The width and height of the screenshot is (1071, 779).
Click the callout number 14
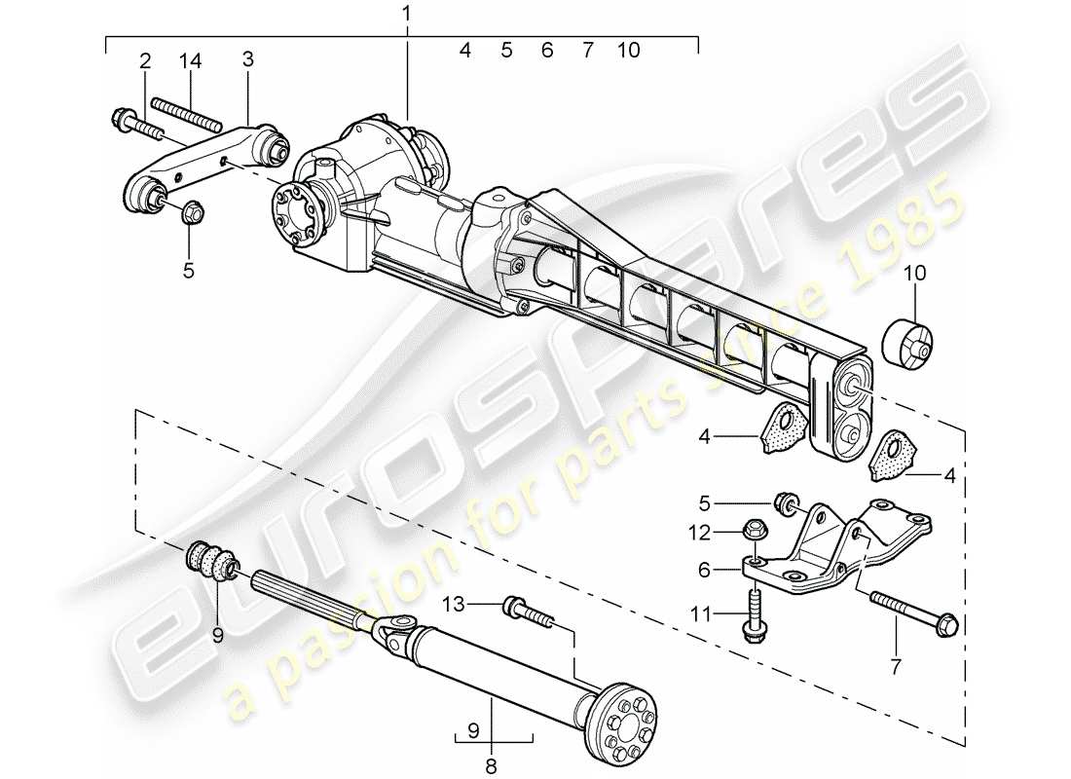coord(189,60)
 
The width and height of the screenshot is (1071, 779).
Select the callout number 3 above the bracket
coord(248,60)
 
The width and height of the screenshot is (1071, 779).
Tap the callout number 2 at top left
coord(145,60)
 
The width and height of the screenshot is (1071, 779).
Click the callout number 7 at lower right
coord(896,667)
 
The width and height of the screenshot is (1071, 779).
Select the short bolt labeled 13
coord(527,612)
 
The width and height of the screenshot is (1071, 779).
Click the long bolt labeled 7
coord(914,611)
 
